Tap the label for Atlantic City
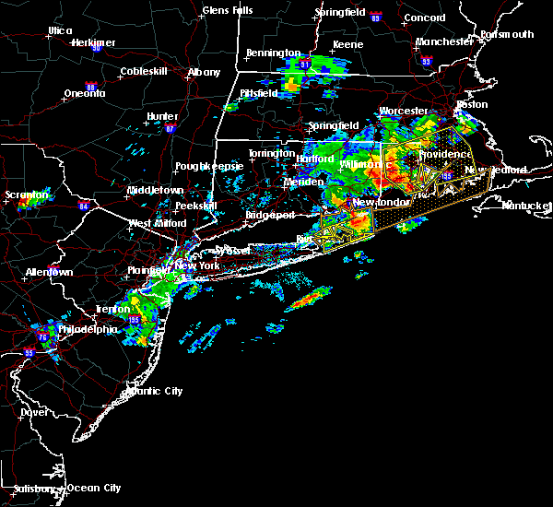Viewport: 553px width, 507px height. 152,391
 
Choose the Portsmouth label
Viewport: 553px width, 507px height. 507,35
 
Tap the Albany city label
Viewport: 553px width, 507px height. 204,72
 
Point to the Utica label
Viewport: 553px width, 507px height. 61,30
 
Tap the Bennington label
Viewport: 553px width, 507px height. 274,53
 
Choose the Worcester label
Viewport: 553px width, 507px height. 404,111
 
